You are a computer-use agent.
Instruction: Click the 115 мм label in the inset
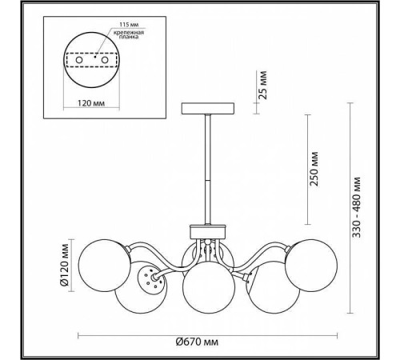pyautogui.click(x=129, y=25)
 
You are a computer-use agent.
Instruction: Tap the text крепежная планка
pyautogui.click(x=129, y=34)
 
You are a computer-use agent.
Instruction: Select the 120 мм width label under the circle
pyautogui.click(x=91, y=103)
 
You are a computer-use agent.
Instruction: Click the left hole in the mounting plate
pyautogui.click(x=79, y=60)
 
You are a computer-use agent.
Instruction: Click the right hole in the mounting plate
pyautogui.click(x=105, y=60)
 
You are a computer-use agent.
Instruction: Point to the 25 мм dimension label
pyautogui.click(x=263, y=85)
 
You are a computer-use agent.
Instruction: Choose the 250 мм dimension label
pyautogui.click(x=314, y=169)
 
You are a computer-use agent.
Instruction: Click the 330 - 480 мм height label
pyautogui.click(x=357, y=207)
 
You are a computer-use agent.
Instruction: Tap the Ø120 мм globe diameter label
pyautogui.click(x=64, y=265)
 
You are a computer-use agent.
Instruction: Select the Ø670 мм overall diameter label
pyautogui.click(x=197, y=342)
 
